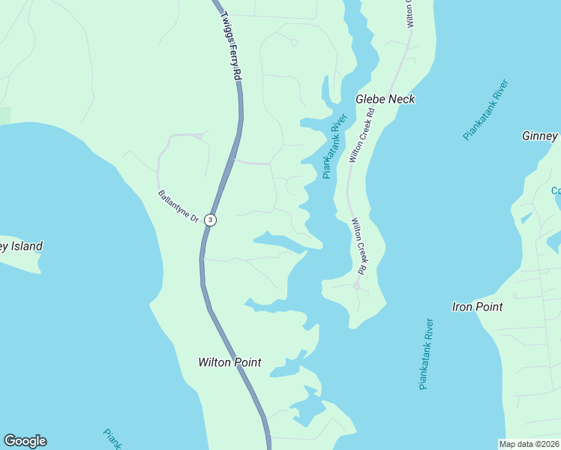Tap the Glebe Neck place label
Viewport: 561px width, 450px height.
pos(385,99)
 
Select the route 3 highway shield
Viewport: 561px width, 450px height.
pos(211,220)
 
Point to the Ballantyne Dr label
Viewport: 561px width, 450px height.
pos(178,206)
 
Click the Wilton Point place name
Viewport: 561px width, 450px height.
pos(229,362)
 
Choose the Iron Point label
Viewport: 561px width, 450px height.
pos(477,307)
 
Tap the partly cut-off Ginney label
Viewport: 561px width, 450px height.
pos(540,136)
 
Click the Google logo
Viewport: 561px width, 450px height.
pos(25,441)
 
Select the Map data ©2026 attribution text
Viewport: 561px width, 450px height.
pos(529,444)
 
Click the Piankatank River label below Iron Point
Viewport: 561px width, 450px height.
pos(426,354)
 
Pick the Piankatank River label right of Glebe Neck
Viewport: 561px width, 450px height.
pos(485,109)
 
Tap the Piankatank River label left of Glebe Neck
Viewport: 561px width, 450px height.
pos(334,146)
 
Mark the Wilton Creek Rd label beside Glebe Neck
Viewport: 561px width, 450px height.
pos(363,135)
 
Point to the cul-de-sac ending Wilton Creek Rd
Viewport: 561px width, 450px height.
pos(356,286)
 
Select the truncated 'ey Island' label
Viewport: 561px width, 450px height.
pos(21,246)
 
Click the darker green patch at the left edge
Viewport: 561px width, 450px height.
pos(4,115)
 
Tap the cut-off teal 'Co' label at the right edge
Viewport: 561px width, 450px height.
pos(556,190)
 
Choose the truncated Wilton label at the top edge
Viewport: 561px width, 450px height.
pos(410,13)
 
